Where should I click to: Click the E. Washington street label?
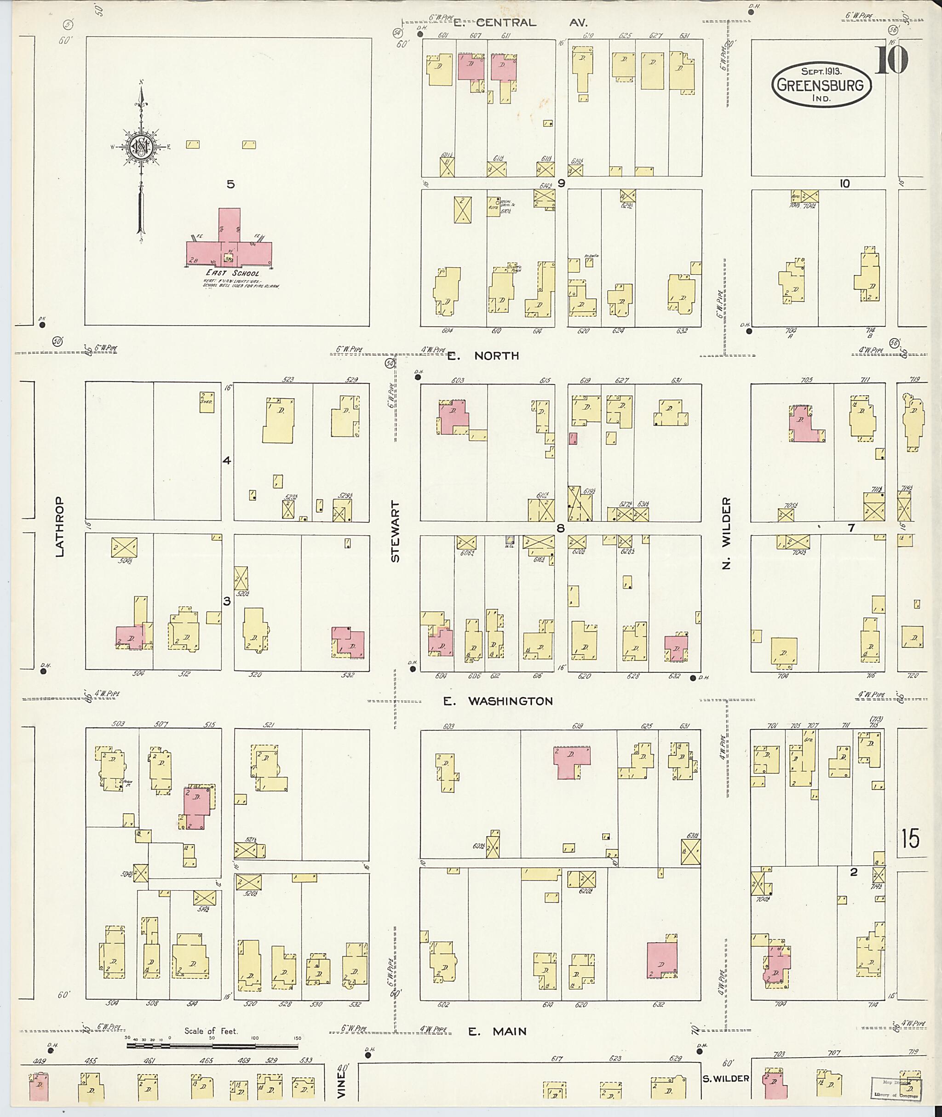coord(498,701)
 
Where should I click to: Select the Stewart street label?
coord(395,531)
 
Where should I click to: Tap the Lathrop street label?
coord(59,527)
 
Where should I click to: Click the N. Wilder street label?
coord(726,533)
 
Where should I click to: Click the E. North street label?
coord(483,355)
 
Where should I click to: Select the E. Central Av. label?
coord(521,23)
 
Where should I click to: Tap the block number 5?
coord(230,184)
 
